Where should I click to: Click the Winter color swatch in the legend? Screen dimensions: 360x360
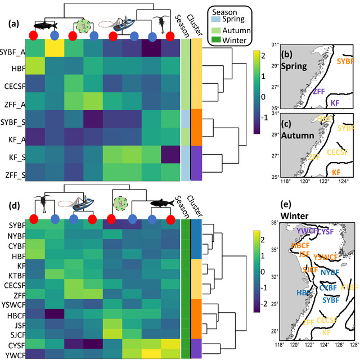pos(215,41)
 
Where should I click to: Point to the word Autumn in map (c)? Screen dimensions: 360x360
pos(294,137)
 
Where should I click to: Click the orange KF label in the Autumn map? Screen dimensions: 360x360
pos(336,171)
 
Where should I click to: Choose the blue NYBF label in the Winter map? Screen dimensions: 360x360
pos(330,272)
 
